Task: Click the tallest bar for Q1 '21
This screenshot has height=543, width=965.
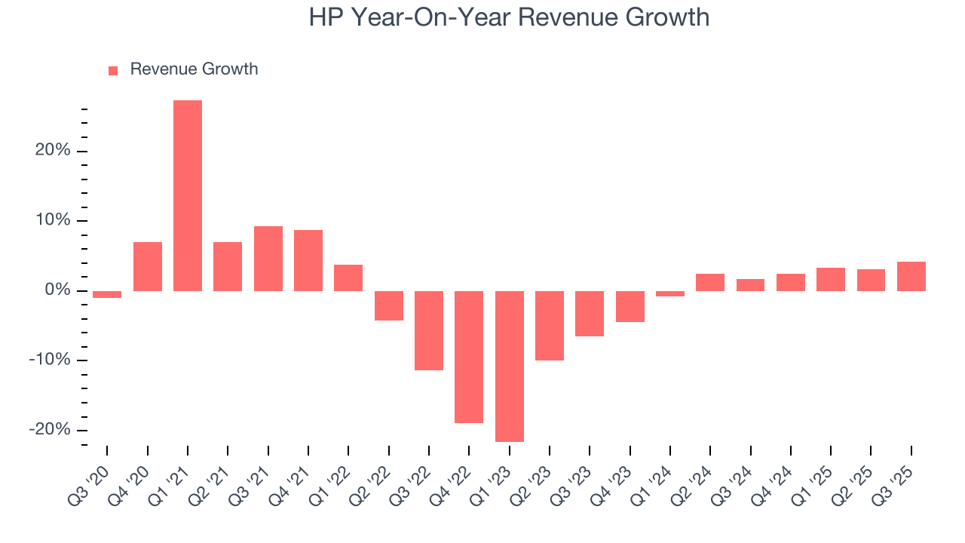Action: (188, 195)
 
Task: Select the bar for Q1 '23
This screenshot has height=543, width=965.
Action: (510, 366)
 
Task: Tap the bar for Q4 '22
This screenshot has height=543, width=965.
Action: (469, 357)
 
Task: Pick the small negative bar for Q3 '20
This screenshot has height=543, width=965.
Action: (107, 294)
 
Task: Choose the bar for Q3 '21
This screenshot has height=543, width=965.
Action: (268, 259)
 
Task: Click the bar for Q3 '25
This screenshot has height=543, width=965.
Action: (911, 276)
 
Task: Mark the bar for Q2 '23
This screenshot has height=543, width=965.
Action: (550, 325)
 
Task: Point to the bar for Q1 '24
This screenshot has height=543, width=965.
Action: (670, 293)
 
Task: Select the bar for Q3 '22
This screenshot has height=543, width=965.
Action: (429, 330)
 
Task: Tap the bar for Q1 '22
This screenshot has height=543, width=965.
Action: (348, 278)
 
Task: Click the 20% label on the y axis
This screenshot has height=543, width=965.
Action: (53, 151)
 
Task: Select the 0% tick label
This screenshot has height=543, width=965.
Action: (57, 290)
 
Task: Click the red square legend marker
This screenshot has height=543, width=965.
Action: (113, 70)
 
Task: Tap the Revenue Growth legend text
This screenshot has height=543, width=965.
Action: (194, 69)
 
